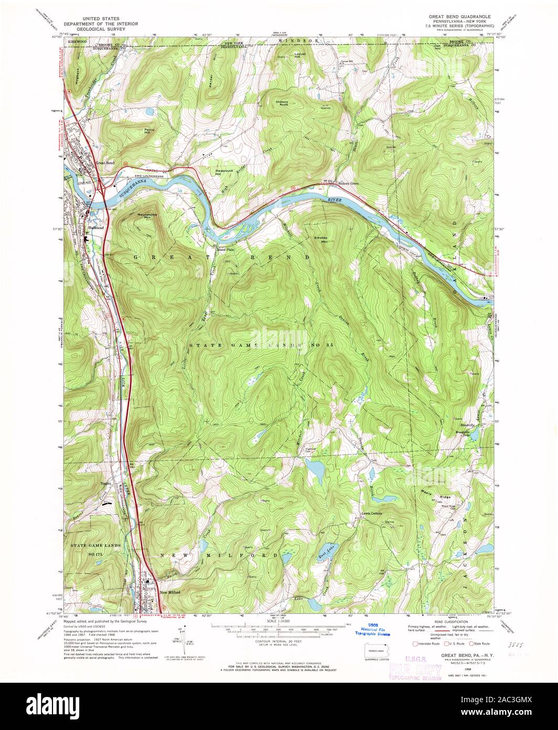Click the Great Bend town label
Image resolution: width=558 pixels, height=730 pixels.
[106, 163]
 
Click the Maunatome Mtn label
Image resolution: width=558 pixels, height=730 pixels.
[148, 216]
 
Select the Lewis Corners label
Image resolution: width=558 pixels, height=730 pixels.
[370, 513]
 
